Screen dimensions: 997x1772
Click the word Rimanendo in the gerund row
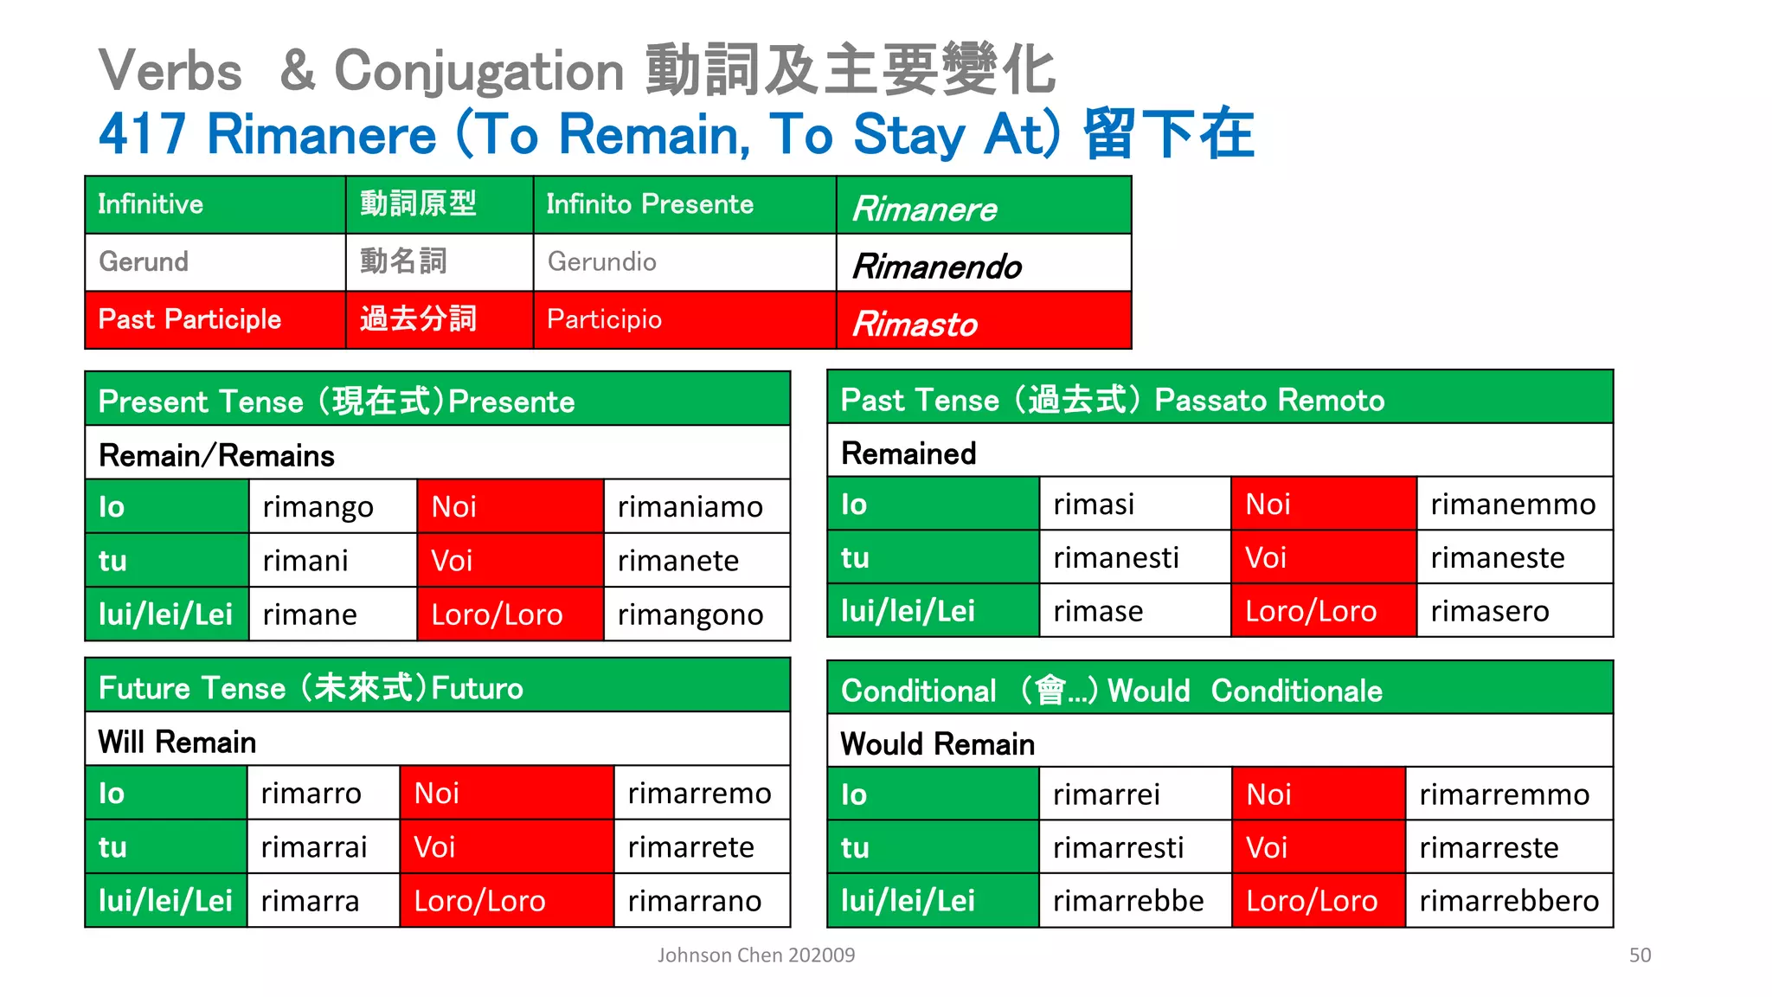pos(937,267)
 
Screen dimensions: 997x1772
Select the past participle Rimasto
pos(915,325)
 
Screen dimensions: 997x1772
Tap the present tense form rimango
pos(318,507)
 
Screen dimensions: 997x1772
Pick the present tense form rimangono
pos(690,615)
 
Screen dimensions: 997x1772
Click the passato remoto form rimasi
pos(1093,505)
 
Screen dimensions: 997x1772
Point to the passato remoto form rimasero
pos(1489,612)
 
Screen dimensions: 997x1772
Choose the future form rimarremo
pos(699,794)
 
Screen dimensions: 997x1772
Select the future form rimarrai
pos(313,847)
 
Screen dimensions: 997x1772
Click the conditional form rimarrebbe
pos(1127,901)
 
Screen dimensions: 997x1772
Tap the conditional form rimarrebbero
pos(1508,901)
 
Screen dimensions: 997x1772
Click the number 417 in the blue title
pos(142,135)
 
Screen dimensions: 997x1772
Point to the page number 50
pos(1640,955)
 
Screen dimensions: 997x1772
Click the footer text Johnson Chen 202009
pos(755,955)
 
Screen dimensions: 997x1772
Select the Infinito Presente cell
pos(650,205)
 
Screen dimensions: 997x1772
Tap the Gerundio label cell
pos(601,262)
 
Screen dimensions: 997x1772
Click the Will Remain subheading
pos(177,743)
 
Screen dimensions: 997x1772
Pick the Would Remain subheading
pos(937,744)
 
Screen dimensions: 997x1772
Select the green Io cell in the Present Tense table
pos(166,507)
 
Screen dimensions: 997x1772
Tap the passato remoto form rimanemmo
pos(1512,505)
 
